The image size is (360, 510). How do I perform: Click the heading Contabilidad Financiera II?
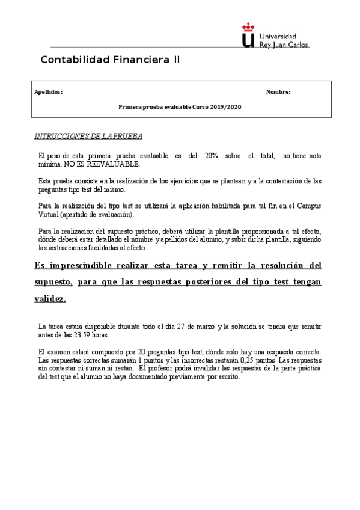click(110, 60)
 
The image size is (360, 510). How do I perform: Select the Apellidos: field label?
click(49, 92)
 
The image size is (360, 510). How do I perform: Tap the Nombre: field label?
click(278, 92)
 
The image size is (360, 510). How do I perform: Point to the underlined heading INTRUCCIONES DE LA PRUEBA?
click(88, 136)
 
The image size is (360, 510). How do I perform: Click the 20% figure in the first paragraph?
click(211, 156)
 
